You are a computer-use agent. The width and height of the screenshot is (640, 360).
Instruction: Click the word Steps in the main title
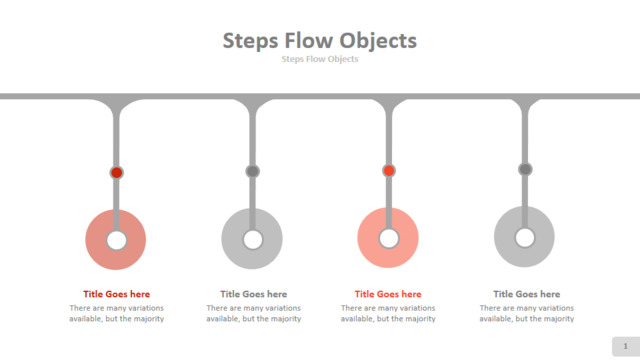click(x=250, y=42)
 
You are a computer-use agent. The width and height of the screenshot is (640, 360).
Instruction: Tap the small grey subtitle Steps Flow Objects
click(x=320, y=59)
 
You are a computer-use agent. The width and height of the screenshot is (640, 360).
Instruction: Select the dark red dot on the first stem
click(x=116, y=173)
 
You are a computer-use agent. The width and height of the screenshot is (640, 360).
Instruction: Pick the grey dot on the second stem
click(x=252, y=171)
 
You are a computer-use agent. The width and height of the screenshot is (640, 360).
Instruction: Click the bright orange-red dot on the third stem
click(x=389, y=171)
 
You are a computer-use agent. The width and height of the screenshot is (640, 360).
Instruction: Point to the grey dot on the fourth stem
click(x=525, y=169)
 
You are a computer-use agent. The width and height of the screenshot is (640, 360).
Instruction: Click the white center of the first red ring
click(x=116, y=240)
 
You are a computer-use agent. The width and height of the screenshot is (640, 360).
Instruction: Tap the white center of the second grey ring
click(x=253, y=240)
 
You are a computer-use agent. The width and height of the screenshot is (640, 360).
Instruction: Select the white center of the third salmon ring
click(x=389, y=239)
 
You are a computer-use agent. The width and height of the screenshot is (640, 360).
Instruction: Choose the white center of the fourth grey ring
click(x=525, y=238)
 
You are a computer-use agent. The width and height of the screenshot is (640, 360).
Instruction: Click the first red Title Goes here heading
click(x=116, y=294)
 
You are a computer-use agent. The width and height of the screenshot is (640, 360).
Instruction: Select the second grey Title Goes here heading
click(x=253, y=294)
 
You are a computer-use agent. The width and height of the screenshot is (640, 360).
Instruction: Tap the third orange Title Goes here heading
click(x=388, y=294)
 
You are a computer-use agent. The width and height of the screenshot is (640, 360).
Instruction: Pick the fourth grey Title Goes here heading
click(x=527, y=294)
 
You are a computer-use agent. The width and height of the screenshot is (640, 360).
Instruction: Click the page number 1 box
click(x=626, y=347)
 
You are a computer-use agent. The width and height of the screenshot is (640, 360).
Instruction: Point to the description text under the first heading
click(x=116, y=313)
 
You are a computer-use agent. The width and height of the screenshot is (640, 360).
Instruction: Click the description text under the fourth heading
click(x=527, y=313)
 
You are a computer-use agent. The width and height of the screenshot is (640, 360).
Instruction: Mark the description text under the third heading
click(x=388, y=313)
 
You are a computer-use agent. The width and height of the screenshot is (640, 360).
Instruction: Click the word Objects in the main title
click(x=378, y=42)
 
